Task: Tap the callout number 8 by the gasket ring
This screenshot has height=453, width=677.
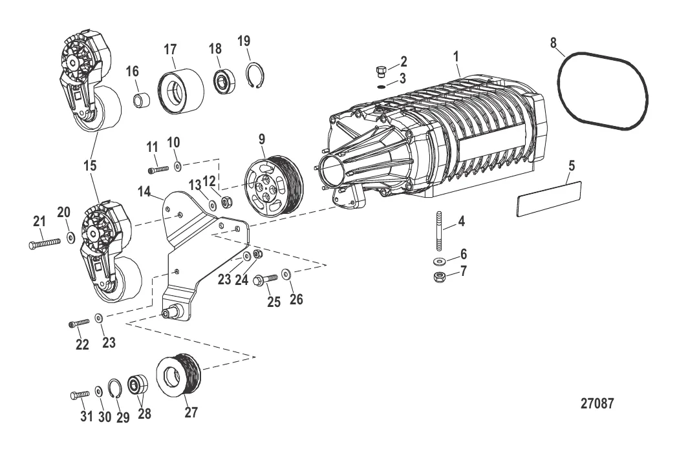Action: pyautogui.click(x=553, y=43)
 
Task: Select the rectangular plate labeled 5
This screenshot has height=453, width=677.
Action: pyautogui.click(x=549, y=198)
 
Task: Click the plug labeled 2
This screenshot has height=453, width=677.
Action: pyautogui.click(x=381, y=70)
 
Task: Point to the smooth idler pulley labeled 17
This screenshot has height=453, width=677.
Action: pyautogui.click(x=180, y=90)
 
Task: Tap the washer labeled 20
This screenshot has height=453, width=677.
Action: pyautogui.click(x=70, y=239)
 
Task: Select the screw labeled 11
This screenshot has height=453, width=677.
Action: pyautogui.click(x=158, y=169)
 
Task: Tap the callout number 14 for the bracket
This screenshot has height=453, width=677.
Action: pyautogui.click(x=145, y=191)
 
